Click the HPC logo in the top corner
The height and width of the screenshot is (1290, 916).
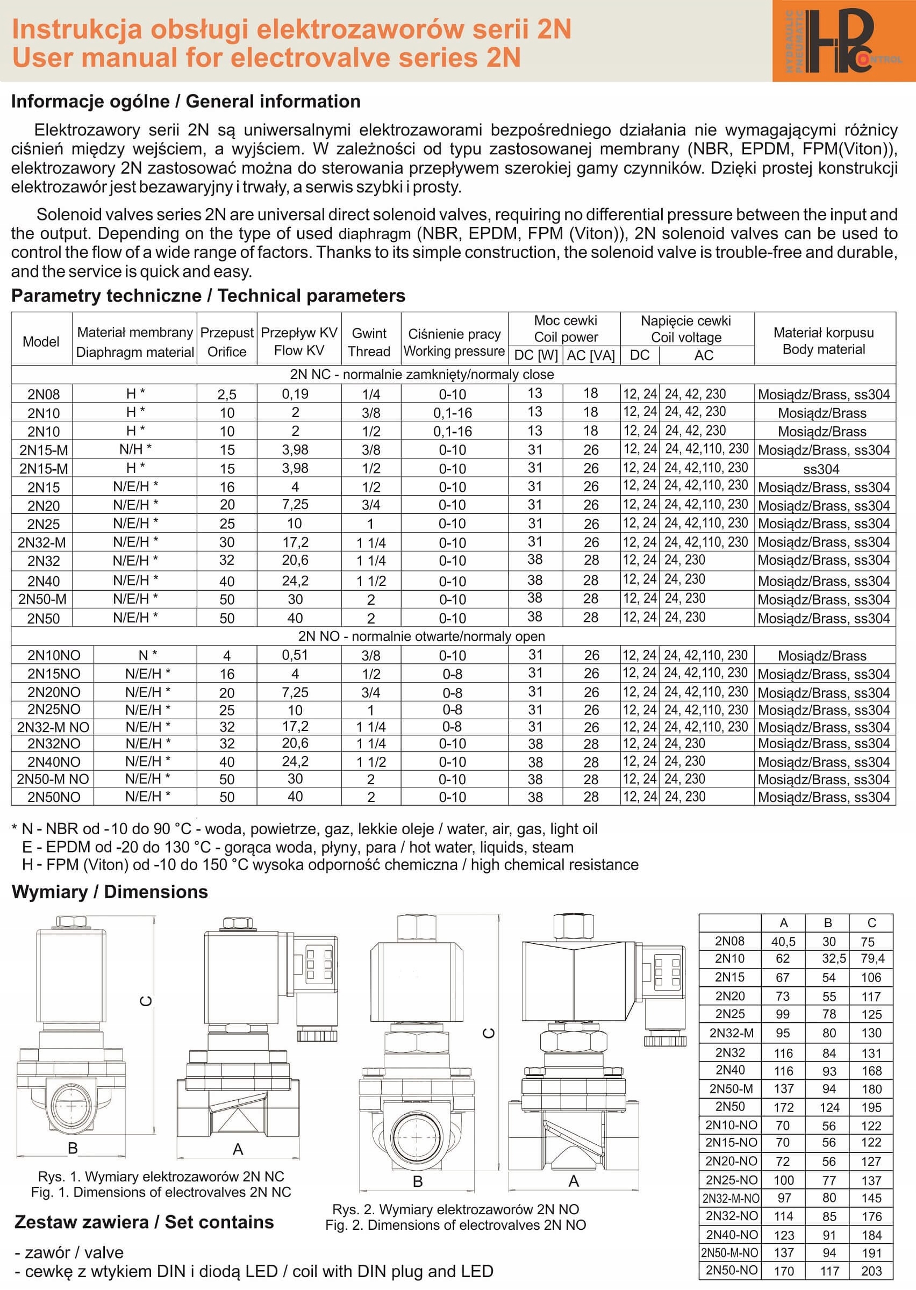coord(843,41)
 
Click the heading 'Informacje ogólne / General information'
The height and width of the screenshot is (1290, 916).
coord(185,102)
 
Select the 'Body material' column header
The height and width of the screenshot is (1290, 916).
coord(824,349)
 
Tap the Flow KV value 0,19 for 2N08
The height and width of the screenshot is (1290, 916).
coord(295,394)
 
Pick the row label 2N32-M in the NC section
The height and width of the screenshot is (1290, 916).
coord(42,542)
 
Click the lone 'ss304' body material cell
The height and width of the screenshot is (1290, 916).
coord(821,469)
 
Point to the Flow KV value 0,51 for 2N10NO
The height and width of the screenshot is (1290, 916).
coord(295,655)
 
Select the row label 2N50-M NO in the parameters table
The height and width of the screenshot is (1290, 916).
coord(53,779)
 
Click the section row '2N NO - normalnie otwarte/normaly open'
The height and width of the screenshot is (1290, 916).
coord(421,636)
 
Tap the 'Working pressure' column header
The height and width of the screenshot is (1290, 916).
coord(454,351)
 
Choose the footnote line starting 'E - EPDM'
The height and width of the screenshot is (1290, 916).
coord(297,847)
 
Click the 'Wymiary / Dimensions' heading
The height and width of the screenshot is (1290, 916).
coord(110,892)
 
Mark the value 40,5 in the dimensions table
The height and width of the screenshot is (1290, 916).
coord(783,941)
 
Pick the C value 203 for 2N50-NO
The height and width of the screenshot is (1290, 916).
coord(871,1271)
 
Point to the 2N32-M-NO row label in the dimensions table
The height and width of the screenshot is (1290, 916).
coord(731,1198)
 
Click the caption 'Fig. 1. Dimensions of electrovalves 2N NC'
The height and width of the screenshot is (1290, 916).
coord(161,1192)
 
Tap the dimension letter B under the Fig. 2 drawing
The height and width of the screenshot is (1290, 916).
coord(418,1182)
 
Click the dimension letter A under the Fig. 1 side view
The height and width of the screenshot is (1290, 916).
coord(238,1149)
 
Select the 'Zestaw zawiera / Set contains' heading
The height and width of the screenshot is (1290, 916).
coord(144,1222)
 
